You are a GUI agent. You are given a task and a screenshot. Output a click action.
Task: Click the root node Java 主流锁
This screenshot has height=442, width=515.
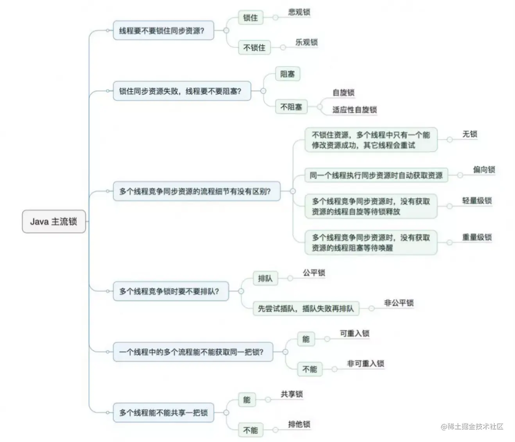click(x=54, y=222)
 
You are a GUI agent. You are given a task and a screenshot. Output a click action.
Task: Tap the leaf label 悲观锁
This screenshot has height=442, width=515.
click(x=299, y=12)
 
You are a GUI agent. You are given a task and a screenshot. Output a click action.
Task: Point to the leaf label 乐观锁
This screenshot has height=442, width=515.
click(x=306, y=42)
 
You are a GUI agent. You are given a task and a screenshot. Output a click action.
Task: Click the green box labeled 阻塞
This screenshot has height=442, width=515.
click(x=287, y=74)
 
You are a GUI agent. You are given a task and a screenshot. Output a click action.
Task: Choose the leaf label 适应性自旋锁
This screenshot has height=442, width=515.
click(x=354, y=110)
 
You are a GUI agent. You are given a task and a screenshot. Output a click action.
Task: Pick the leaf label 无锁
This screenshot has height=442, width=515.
click(x=470, y=134)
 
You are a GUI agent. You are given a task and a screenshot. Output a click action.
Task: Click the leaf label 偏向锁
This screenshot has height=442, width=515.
click(x=484, y=169)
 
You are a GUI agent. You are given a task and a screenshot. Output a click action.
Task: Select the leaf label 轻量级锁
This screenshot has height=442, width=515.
click(x=477, y=201)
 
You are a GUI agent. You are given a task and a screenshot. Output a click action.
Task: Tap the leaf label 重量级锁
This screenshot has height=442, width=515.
click(x=477, y=237)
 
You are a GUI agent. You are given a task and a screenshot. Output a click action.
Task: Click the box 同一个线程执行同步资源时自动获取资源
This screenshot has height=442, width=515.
click(x=376, y=175)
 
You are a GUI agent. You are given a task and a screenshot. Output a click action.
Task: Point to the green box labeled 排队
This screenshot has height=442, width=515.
click(x=265, y=278)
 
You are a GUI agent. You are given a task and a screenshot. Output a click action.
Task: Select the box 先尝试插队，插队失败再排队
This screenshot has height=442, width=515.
click(x=306, y=308)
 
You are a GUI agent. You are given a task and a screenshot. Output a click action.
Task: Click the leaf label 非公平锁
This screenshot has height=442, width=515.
click(x=399, y=303)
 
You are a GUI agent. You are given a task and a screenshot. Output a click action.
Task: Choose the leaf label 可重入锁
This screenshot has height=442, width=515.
click(x=354, y=333)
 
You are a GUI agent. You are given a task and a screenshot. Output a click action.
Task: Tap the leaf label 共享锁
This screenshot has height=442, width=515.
click(x=291, y=394)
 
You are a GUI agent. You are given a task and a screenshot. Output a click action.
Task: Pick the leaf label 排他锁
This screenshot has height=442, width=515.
click(x=299, y=424)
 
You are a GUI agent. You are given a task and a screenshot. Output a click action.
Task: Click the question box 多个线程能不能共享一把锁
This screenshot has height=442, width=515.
click(x=163, y=413)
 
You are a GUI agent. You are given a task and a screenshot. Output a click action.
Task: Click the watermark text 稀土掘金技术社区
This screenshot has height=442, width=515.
click(x=475, y=426)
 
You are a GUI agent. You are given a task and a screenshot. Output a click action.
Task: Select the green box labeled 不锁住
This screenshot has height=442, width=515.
click(x=254, y=48)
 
